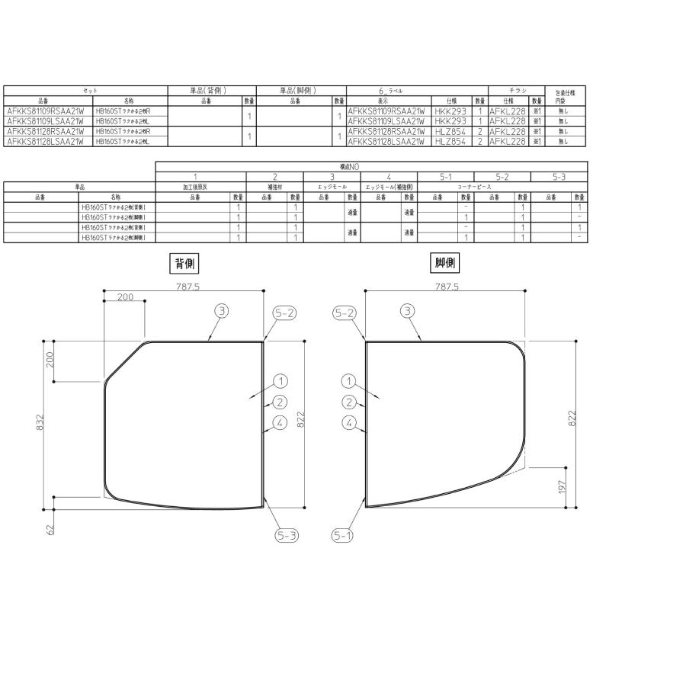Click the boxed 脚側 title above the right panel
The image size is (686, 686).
point(447,264)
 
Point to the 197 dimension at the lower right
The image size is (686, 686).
point(563,487)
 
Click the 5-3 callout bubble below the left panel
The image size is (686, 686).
point(287,536)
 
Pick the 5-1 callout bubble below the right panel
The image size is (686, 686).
point(343,536)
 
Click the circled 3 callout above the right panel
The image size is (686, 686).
point(409,310)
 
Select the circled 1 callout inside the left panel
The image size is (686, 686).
point(280,381)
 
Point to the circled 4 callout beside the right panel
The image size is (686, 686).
point(349,423)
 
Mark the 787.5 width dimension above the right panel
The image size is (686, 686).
point(447,287)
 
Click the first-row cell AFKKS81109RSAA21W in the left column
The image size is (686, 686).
point(44,111)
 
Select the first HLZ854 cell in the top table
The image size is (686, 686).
point(449,131)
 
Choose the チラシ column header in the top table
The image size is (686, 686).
point(518,91)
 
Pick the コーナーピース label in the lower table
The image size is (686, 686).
point(474,187)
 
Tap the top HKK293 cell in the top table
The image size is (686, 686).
point(449,111)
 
